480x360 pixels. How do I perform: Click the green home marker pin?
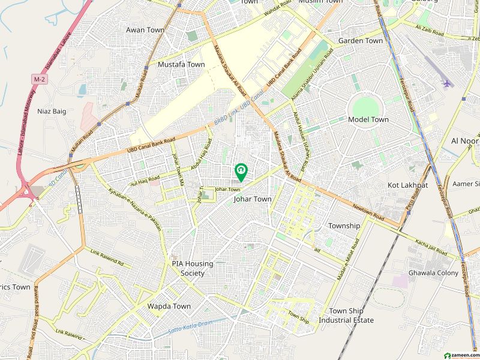point(241,172)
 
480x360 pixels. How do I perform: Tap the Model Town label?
point(368,119)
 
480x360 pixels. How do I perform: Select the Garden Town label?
point(360,41)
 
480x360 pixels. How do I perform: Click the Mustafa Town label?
point(181,64)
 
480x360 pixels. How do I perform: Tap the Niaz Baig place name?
point(52,111)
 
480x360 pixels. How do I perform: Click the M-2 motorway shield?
point(40,79)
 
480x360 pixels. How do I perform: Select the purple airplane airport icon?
point(446,83)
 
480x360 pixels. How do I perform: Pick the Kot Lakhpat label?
point(408,185)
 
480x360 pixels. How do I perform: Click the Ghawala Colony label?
point(433,273)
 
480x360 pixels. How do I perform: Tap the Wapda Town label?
point(169,306)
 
